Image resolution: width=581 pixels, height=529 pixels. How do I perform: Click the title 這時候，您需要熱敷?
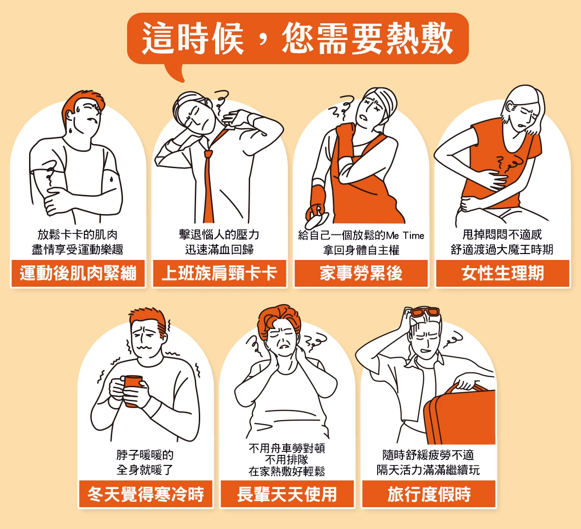(x=297, y=39)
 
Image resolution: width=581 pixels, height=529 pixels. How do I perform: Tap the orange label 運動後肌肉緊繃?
(x=78, y=273)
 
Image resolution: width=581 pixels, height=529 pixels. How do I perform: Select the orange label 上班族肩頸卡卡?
(x=219, y=273)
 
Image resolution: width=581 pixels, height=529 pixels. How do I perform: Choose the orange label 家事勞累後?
(x=361, y=273)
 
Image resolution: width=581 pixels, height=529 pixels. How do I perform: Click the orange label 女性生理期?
(x=502, y=273)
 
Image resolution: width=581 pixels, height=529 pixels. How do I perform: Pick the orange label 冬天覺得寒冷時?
(x=146, y=494)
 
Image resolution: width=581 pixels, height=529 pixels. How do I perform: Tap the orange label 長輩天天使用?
(x=287, y=494)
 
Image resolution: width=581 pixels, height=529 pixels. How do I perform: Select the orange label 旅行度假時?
(x=428, y=494)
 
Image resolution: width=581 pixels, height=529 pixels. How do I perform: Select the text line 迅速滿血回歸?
(x=219, y=250)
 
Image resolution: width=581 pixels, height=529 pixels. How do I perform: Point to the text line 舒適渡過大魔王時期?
(x=502, y=250)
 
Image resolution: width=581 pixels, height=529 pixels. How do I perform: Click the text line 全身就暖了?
(x=144, y=470)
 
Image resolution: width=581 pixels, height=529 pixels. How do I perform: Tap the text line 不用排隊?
(x=286, y=459)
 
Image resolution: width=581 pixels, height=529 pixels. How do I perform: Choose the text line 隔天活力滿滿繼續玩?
(x=428, y=470)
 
